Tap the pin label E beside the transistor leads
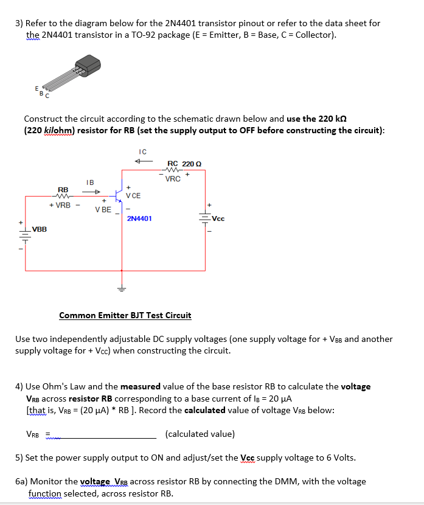(36, 89)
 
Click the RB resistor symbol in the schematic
(63, 196)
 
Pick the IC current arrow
(142, 161)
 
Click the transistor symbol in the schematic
(119, 197)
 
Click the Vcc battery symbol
(204, 218)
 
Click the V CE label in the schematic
(133, 195)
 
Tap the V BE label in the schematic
(103, 209)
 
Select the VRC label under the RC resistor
(173, 179)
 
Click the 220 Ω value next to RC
(193, 163)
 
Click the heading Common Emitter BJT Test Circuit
(125, 315)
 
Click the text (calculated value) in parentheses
(200, 434)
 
